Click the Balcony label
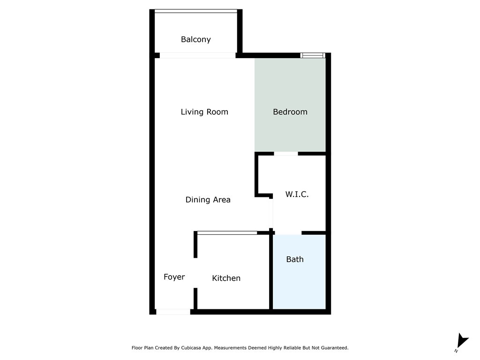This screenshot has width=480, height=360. tap(196, 40)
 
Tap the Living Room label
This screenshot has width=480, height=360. tap(204, 112)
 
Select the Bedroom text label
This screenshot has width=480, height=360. tap(290, 112)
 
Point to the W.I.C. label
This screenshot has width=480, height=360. tap(297, 195)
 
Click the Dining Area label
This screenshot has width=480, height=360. tap(208, 200)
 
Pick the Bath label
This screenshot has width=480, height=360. tap(295, 259)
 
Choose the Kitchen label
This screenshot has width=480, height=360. tap(226, 278)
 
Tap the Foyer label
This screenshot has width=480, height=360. tap(174, 277)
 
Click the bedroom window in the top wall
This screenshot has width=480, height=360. tap(313, 55)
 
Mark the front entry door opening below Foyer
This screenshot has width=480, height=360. tap(173, 312)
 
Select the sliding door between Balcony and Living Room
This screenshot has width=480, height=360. tap(197, 55)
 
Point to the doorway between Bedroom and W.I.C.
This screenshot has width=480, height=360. tap(286, 153)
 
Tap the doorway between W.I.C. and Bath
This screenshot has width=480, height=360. tap(288, 233)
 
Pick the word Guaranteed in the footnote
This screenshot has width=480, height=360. tap(331, 348)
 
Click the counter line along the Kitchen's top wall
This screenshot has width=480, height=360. tap(227, 233)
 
